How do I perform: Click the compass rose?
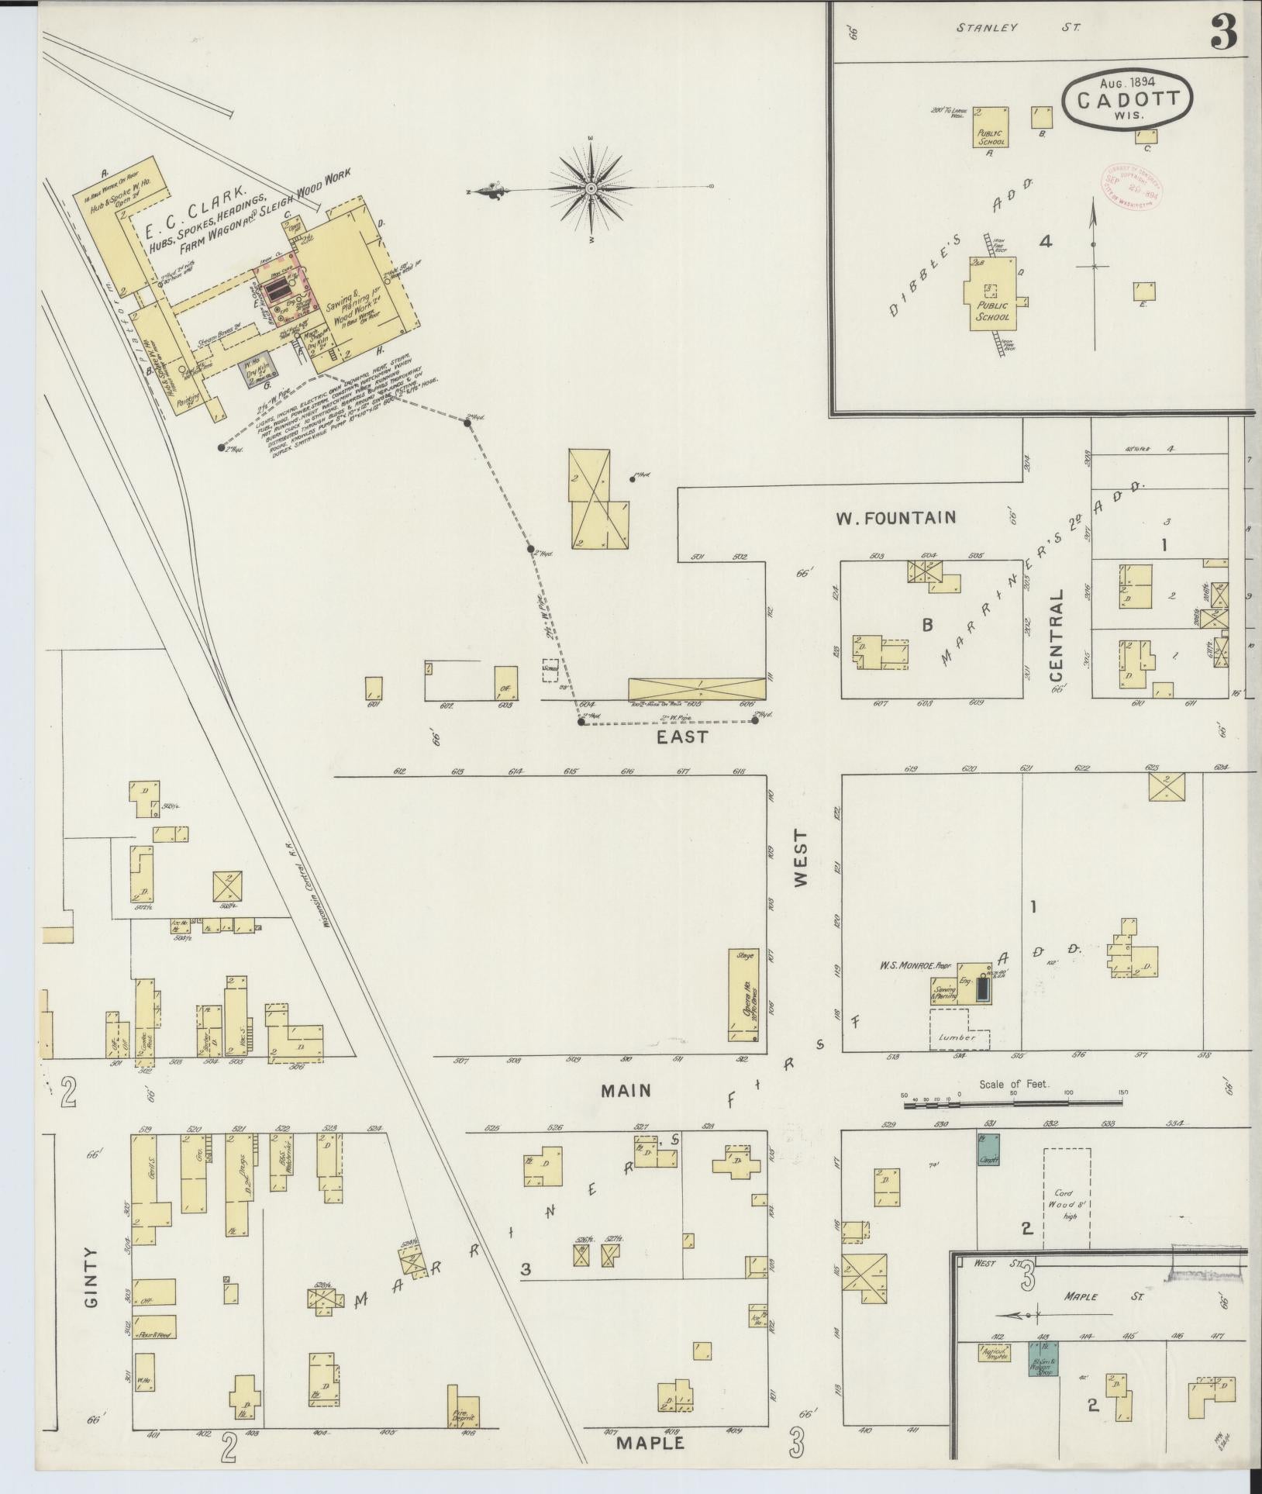coord(591,188)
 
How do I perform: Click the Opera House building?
coord(742,995)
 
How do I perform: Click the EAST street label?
coord(682,737)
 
